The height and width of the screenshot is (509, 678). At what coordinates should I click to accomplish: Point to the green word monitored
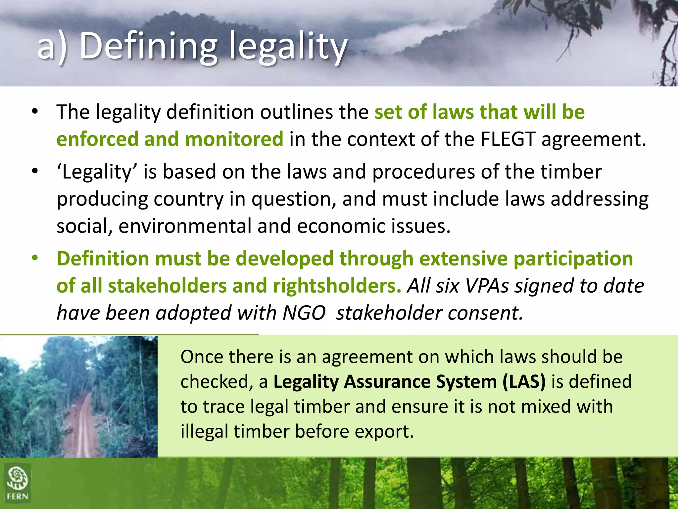click(234, 139)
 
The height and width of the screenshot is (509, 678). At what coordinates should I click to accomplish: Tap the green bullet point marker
click(35, 258)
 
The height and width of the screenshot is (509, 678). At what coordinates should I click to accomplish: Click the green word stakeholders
click(167, 286)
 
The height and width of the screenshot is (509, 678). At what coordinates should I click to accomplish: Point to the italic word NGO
click(304, 312)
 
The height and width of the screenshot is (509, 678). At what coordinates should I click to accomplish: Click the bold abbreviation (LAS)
click(524, 381)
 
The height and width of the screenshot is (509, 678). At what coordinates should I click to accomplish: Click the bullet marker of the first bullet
click(35, 112)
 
